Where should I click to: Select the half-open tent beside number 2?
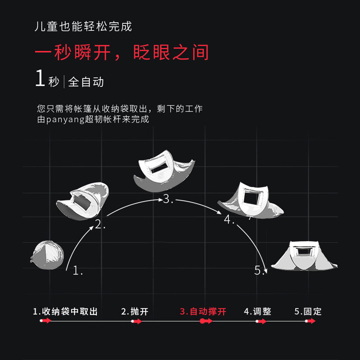(84, 200)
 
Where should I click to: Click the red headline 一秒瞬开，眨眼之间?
(122, 52)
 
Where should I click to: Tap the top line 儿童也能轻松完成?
(84, 26)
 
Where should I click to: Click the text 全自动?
(86, 82)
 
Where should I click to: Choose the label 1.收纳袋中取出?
(65, 311)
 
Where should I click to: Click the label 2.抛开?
(135, 311)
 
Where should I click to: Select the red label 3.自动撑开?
(203, 311)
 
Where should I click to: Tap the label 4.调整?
(257, 311)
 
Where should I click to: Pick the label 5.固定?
(308, 311)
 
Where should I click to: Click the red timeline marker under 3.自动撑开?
(205, 321)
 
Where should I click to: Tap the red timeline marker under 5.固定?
(309, 321)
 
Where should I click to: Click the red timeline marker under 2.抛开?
(136, 321)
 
